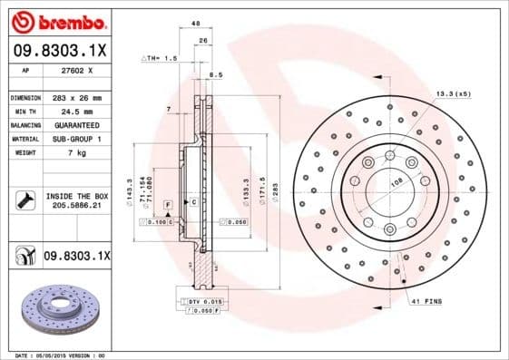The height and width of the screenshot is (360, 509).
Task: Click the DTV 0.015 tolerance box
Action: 201,299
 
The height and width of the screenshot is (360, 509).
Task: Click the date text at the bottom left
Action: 54,355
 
